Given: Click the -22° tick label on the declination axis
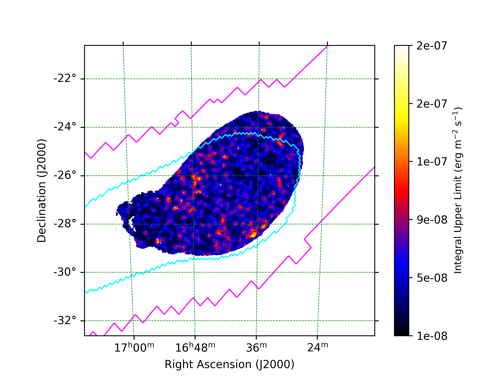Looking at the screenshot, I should tap(65, 79).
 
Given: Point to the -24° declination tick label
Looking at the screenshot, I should tap(65, 127).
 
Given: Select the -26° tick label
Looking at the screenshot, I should tap(65, 175).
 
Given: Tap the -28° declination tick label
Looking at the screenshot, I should tap(65, 224).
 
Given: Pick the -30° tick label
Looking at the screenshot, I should tap(65, 272).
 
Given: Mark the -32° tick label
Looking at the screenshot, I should tap(65, 320).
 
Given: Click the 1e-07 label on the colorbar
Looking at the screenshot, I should tap(432, 162).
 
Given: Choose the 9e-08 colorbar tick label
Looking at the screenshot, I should tap(432, 220).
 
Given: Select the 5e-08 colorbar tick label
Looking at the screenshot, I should tap(432, 278).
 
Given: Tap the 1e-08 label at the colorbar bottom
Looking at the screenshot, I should tap(432, 336).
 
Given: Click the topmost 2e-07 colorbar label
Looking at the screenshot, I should tap(432, 46).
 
